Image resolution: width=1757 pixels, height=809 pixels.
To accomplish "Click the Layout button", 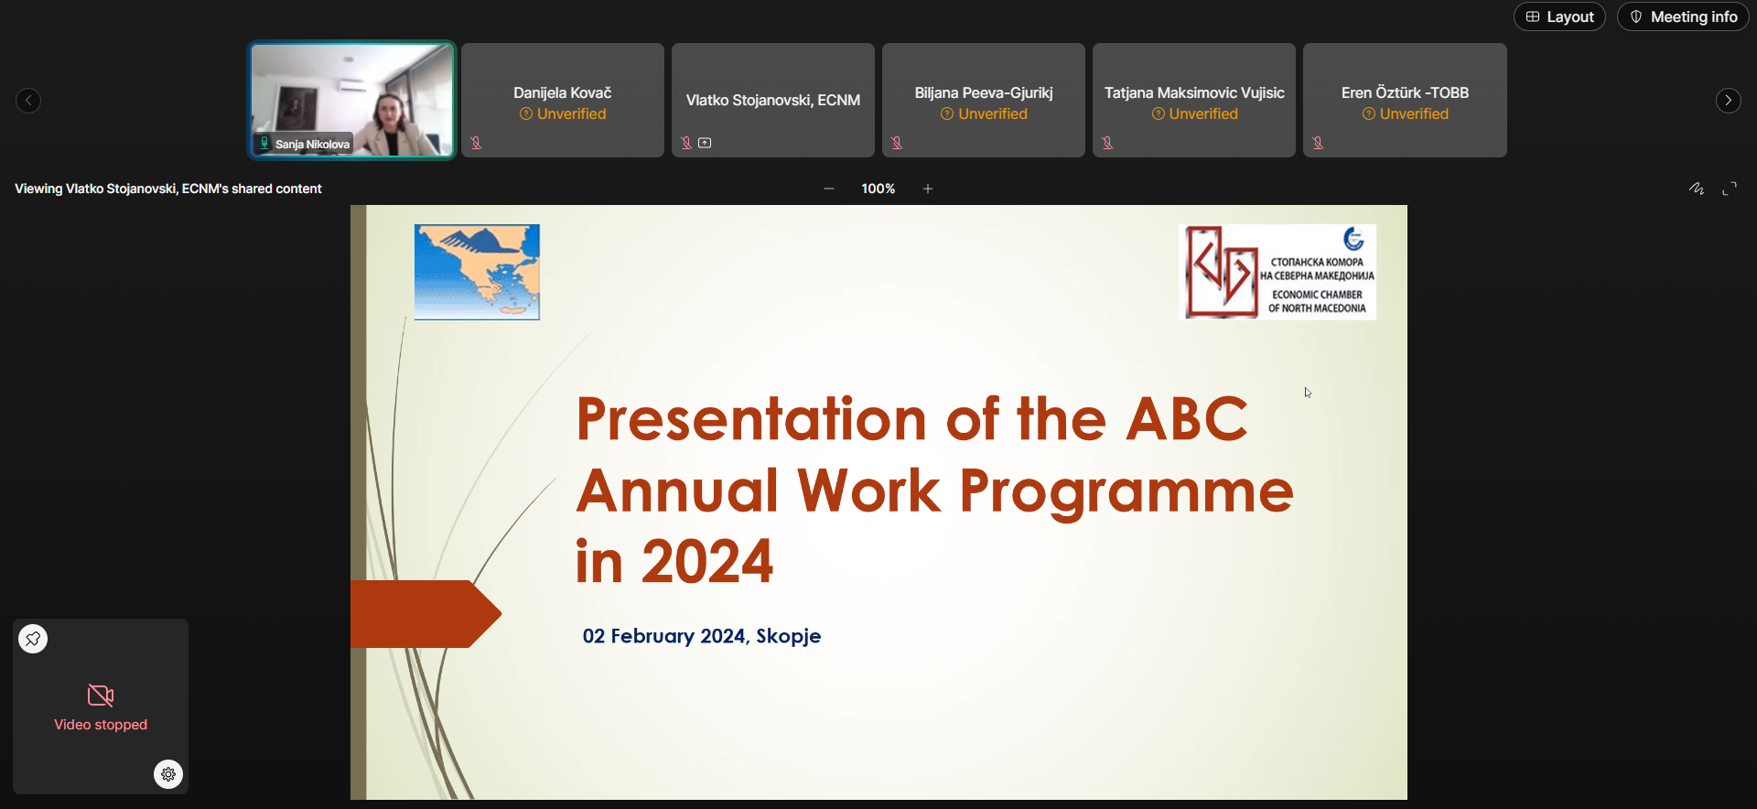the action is tap(1559, 16).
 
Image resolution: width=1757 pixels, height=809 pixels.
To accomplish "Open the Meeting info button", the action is tap(1683, 16).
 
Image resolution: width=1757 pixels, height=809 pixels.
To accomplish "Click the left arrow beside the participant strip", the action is tap(28, 101).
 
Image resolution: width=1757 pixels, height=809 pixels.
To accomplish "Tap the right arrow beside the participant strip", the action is tap(1728, 101).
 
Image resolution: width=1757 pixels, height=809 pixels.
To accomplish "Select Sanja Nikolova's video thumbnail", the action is tap(352, 100).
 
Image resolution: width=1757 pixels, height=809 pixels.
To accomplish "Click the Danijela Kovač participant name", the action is tap(562, 92).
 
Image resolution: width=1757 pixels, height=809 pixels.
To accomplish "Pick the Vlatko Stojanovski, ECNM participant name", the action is tap(773, 100).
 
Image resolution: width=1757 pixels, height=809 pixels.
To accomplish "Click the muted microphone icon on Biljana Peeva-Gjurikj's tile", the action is tap(897, 143).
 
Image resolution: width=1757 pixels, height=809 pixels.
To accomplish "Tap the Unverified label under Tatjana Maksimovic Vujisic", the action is tap(1194, 113).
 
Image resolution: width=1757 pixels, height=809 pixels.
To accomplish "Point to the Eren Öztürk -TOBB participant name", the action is tap(1405, 92).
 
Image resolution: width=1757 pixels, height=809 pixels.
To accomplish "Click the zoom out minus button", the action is tap(829, 189).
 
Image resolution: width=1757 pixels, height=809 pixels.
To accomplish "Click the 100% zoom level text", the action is tap(878, 189).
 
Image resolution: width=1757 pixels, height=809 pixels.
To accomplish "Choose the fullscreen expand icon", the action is tap(1730, 189).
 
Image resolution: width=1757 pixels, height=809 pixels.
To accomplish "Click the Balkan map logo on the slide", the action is tap(477, 272).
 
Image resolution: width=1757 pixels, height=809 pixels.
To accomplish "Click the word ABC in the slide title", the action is tap(1187, 419).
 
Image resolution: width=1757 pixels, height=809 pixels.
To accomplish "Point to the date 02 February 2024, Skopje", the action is tap(702, 636).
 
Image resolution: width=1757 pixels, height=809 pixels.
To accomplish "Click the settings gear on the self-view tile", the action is tap(168, 774).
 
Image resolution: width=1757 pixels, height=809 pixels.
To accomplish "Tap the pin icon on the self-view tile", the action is tap(33, 639).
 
